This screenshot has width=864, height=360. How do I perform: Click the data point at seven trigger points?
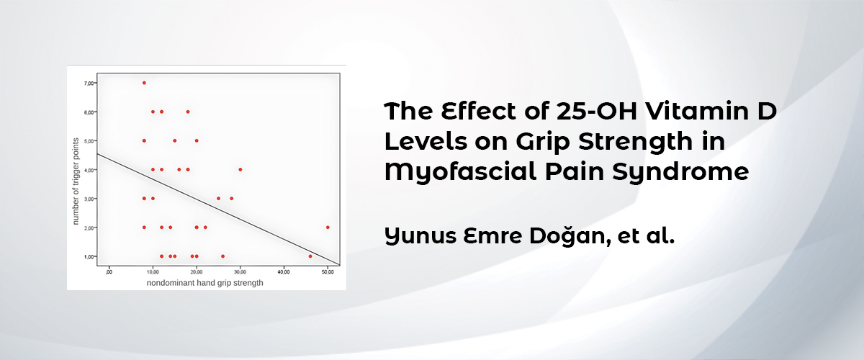tap(144, 83)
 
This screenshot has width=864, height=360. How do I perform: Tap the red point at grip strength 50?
tap(328, 228)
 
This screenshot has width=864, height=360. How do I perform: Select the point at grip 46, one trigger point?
tap(310, 256)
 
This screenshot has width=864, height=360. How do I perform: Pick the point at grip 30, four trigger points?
tap(240, 169)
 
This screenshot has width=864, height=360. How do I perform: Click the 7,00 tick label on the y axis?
tap(89, 84)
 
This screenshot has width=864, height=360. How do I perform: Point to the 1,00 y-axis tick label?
tap(89, 257)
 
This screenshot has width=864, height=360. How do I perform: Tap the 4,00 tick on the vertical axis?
tap(89, 170)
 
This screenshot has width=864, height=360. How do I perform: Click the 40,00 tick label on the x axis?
tap(284, 272)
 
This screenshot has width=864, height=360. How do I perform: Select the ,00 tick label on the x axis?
tap(109, 272)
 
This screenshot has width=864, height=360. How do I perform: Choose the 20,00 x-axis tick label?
tap(197, 272)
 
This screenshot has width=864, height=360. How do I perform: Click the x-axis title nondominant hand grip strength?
tap(204, 283)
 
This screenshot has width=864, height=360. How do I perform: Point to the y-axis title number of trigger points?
tap(76, 181)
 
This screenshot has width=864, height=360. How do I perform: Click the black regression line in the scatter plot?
tap(218, 209)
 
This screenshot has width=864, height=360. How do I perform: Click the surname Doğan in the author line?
tap(570, 235)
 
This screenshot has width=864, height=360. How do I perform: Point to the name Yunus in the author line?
tap(420, 235)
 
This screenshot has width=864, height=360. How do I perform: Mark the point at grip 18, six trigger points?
tap(188, 112)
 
